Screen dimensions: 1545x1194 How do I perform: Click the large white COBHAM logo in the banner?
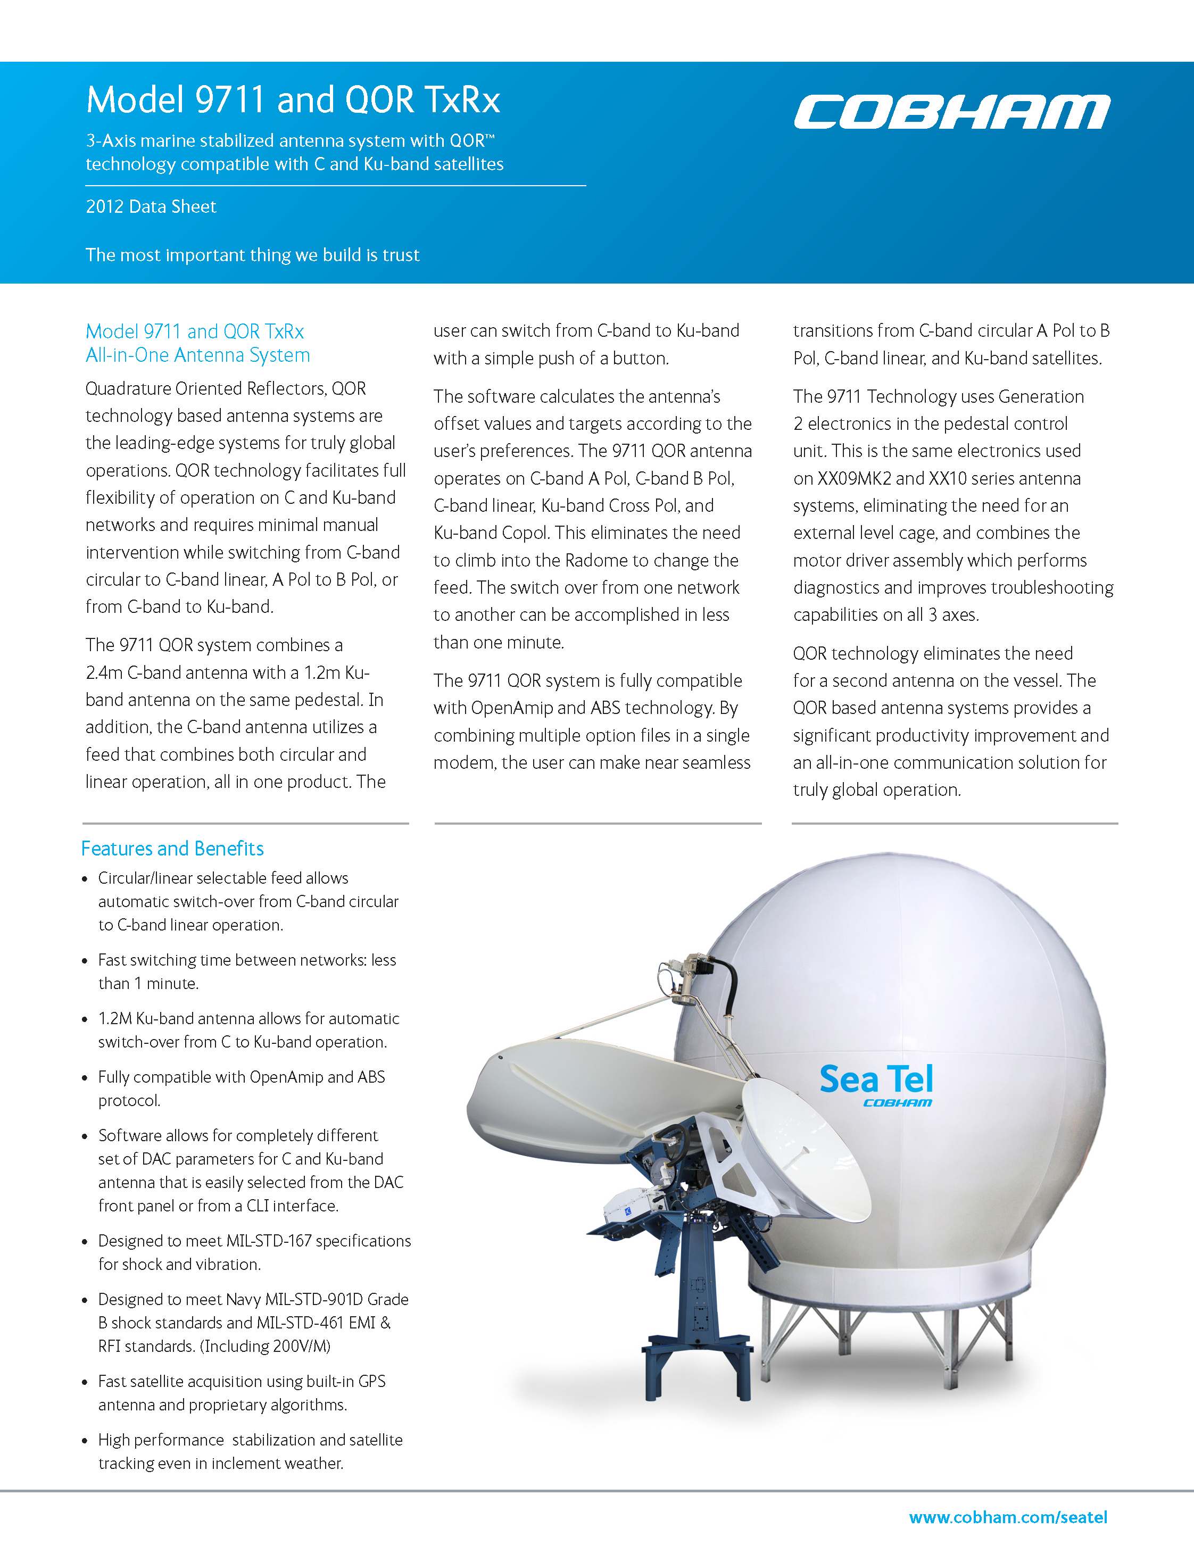click(951, 112)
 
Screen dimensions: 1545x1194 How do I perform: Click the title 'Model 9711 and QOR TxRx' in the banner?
click(293, 99)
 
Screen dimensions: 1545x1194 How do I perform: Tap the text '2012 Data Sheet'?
click(151, 206)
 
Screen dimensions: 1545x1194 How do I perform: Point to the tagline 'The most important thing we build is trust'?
click(253, 255)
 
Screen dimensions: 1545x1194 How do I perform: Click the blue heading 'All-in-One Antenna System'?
click(198, 355)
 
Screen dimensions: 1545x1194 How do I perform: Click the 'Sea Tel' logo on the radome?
click(876, 1079)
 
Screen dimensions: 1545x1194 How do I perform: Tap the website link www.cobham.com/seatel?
click(1008, 1517)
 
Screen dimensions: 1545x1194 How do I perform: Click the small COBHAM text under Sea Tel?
click(897, 1103)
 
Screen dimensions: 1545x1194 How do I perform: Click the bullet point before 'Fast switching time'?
click(85, 961)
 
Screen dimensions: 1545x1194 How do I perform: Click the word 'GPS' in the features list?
click(372, 1381)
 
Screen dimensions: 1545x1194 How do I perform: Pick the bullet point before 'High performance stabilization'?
click(85, 1441)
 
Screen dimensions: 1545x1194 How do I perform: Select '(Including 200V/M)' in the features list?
click(266, 1345)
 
